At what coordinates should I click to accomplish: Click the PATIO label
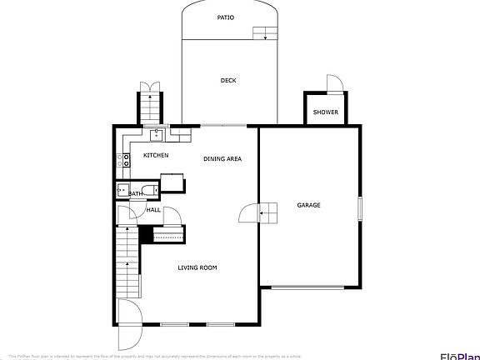226,17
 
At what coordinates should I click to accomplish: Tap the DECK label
228,81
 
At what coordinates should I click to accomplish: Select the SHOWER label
325,112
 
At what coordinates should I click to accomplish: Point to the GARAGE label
309,205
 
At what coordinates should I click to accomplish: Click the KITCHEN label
156,156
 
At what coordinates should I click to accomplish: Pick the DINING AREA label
222,158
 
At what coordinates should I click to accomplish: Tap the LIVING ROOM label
197,267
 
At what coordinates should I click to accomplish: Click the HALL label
153,210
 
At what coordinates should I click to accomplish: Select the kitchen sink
155,132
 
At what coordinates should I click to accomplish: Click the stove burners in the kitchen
126,159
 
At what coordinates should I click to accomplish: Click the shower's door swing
334,83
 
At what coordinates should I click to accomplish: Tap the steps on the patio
265,33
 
